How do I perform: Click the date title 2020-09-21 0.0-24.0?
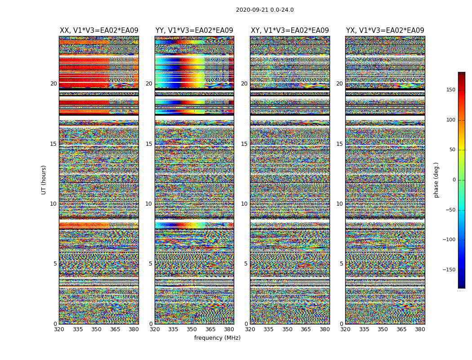tap(265, 10)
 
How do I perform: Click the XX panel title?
tap(99, 31)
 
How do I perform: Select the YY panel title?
tap(194, 31)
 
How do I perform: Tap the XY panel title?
tap(289, 31)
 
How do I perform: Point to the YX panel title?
tap(385, 31)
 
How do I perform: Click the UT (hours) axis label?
tap(44, 180)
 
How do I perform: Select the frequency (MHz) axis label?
tap(217, 338)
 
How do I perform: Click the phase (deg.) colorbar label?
tap(436, 180)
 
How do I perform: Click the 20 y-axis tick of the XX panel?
tap(53, 84)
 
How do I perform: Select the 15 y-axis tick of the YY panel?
tap(149, 144)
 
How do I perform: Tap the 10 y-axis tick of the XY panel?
tap(244, 204)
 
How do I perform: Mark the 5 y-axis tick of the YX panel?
tap(341, 264)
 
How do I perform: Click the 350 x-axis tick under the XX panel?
tap(97, 329)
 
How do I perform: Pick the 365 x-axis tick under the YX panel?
tap(401, 329)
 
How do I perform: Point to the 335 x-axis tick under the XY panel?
tap(268, 329)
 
